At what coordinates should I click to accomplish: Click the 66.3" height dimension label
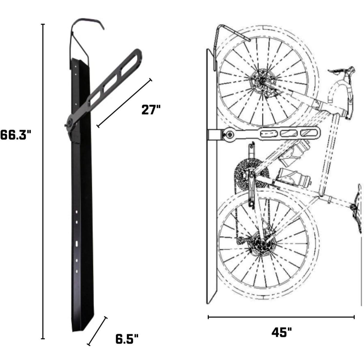click(16, 134)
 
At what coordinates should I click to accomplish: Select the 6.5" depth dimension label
click(127, 339)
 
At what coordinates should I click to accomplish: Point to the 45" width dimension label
click(282, 332)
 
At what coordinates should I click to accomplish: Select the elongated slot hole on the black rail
click(77, 243)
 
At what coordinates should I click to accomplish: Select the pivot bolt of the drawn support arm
click(228, 133)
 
